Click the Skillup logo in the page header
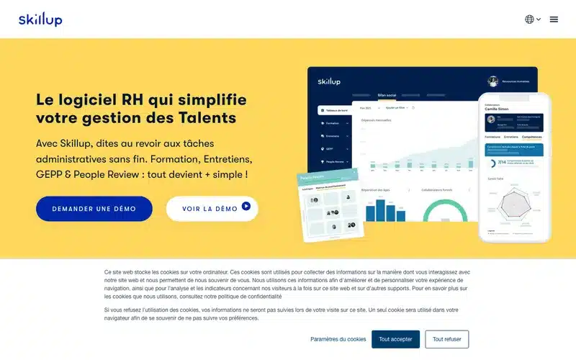pyautogui.click(x=40, y=19)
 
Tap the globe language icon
pyautogui.click(x=529, y=19)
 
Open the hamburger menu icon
pyautogui.click(x=554, y=19)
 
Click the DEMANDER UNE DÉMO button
pyautogui.click(x=94, y=209)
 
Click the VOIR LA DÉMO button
pyautogui.click(x=212, y=209)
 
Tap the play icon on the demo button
pyautogui.click(x=246, y=207)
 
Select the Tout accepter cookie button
pyautogui.click(x=395, y=339)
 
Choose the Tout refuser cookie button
pyautogui.click(x=446, y=339)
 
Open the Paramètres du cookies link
pyautogui.click(x=338, y=339)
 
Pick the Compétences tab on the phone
pyautogui.click(x=532, y=136)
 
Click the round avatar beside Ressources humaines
pyautogui.click(x=493, y=81)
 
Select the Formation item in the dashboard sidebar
pyautogui.click(x=333, y=123)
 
